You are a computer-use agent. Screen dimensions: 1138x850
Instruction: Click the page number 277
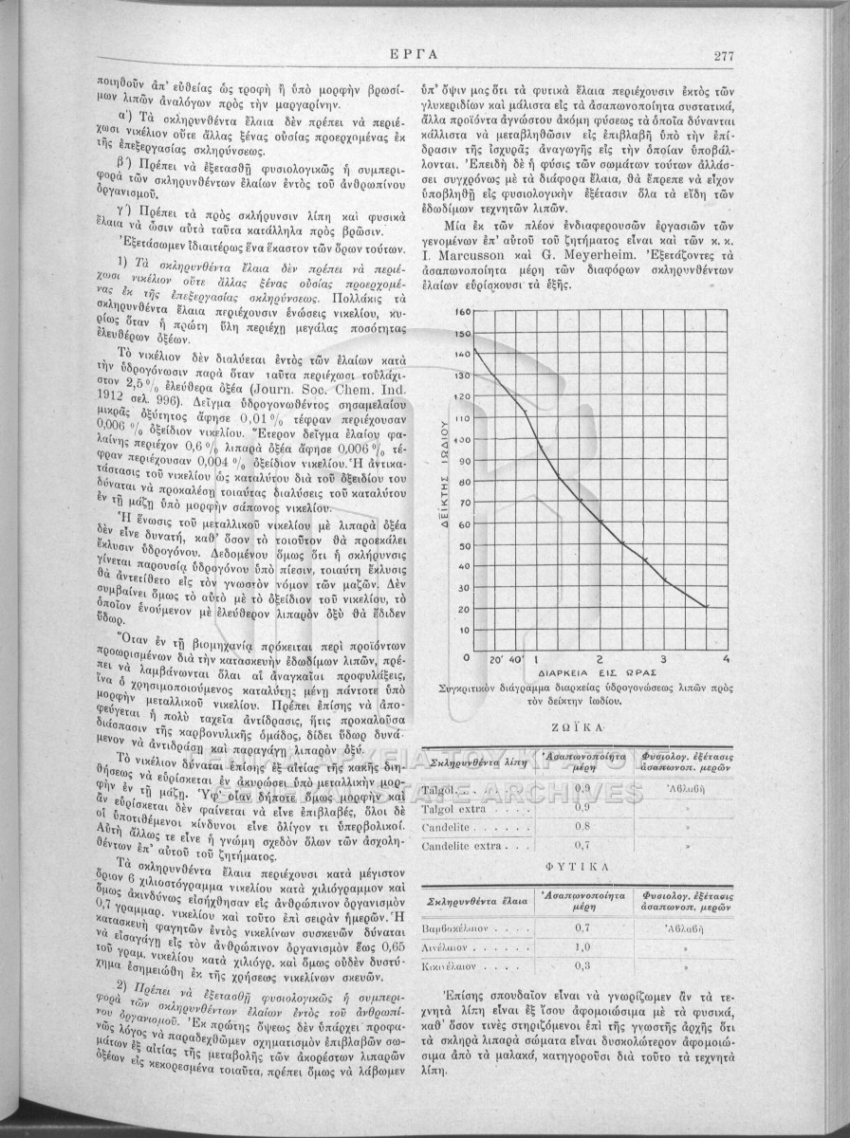(725, 55)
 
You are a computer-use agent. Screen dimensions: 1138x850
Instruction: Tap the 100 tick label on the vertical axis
(462, 439)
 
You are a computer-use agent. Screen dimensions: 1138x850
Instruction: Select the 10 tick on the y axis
(463, 630)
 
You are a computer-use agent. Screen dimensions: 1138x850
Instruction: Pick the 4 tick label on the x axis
(727, 658)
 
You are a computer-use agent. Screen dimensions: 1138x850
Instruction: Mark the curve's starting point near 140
(473, 351)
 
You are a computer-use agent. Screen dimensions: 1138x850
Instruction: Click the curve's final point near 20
(707, 607)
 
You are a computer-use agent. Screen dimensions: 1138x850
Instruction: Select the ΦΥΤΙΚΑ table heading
(576, 866)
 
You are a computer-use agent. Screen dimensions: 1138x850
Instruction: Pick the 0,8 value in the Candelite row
(582, 824)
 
